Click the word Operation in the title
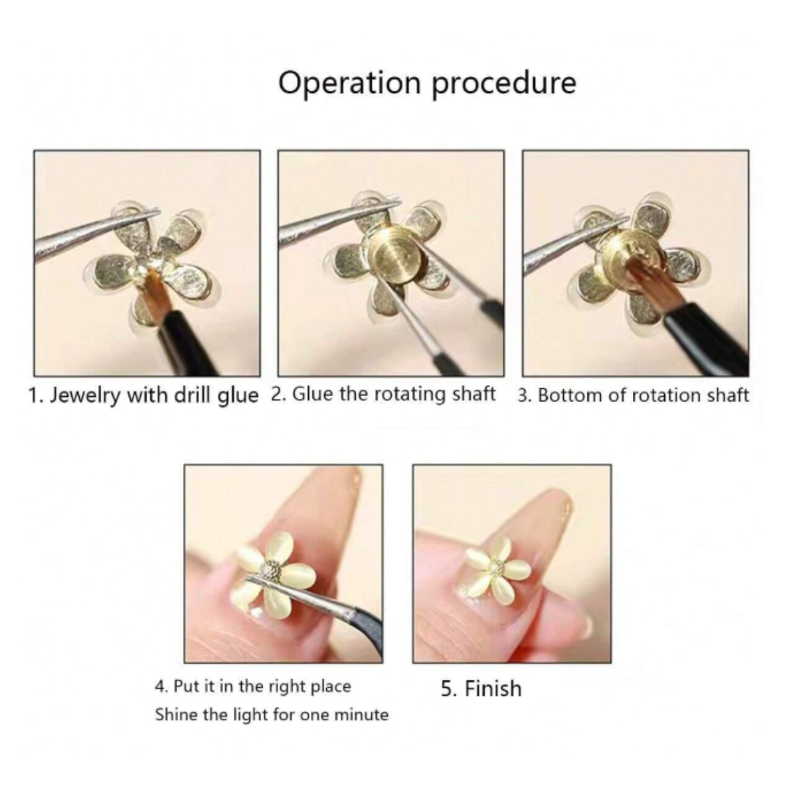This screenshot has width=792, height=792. click(x=350, y=84)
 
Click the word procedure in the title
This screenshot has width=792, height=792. click(x=504, y=84)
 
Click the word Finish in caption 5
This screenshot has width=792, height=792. click(x=493, y=689)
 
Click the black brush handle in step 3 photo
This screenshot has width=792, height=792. click(x=710, y=334)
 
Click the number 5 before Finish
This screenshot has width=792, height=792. click(x=447, y=689)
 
